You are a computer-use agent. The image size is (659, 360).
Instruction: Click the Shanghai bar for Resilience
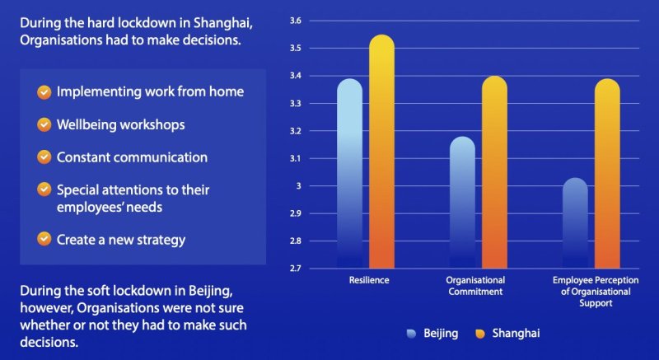click(x=381, y=152)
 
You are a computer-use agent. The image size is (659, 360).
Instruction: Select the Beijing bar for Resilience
click(x=349, y=174)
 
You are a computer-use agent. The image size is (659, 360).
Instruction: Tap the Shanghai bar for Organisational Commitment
click(x=494, y=172)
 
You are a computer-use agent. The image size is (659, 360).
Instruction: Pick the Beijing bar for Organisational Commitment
click(x=462, y=202)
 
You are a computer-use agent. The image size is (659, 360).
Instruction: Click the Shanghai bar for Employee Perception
click(x=607, y=174)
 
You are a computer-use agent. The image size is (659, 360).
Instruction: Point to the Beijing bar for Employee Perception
click(x=575, y=222)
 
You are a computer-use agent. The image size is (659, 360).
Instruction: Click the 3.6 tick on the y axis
click(x=296, y=21)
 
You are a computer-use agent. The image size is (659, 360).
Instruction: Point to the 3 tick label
click(x=299, y=185)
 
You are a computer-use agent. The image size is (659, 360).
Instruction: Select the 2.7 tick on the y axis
click(x=296, y=268)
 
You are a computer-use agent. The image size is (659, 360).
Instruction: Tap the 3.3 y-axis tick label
click(x=296, y=103)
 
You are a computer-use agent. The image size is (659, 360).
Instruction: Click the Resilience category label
click(x=369, y=280)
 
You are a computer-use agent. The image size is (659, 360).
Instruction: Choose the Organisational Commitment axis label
click(x=475, y=286)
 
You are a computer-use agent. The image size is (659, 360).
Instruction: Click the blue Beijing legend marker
click(x=411, y=334)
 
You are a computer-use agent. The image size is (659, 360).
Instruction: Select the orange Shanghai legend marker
click(x=480, y=334)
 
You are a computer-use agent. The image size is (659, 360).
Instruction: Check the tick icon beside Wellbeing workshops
click(x=44, y=124)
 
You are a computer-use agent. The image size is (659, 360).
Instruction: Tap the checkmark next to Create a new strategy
click(x=44, y=239)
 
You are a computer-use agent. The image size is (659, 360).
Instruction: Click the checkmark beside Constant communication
click(x=44, y=157)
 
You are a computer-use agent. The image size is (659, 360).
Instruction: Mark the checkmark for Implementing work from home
click(x=44, y=92)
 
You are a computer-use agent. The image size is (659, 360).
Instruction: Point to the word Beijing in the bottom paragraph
click(x=210, y=291)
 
